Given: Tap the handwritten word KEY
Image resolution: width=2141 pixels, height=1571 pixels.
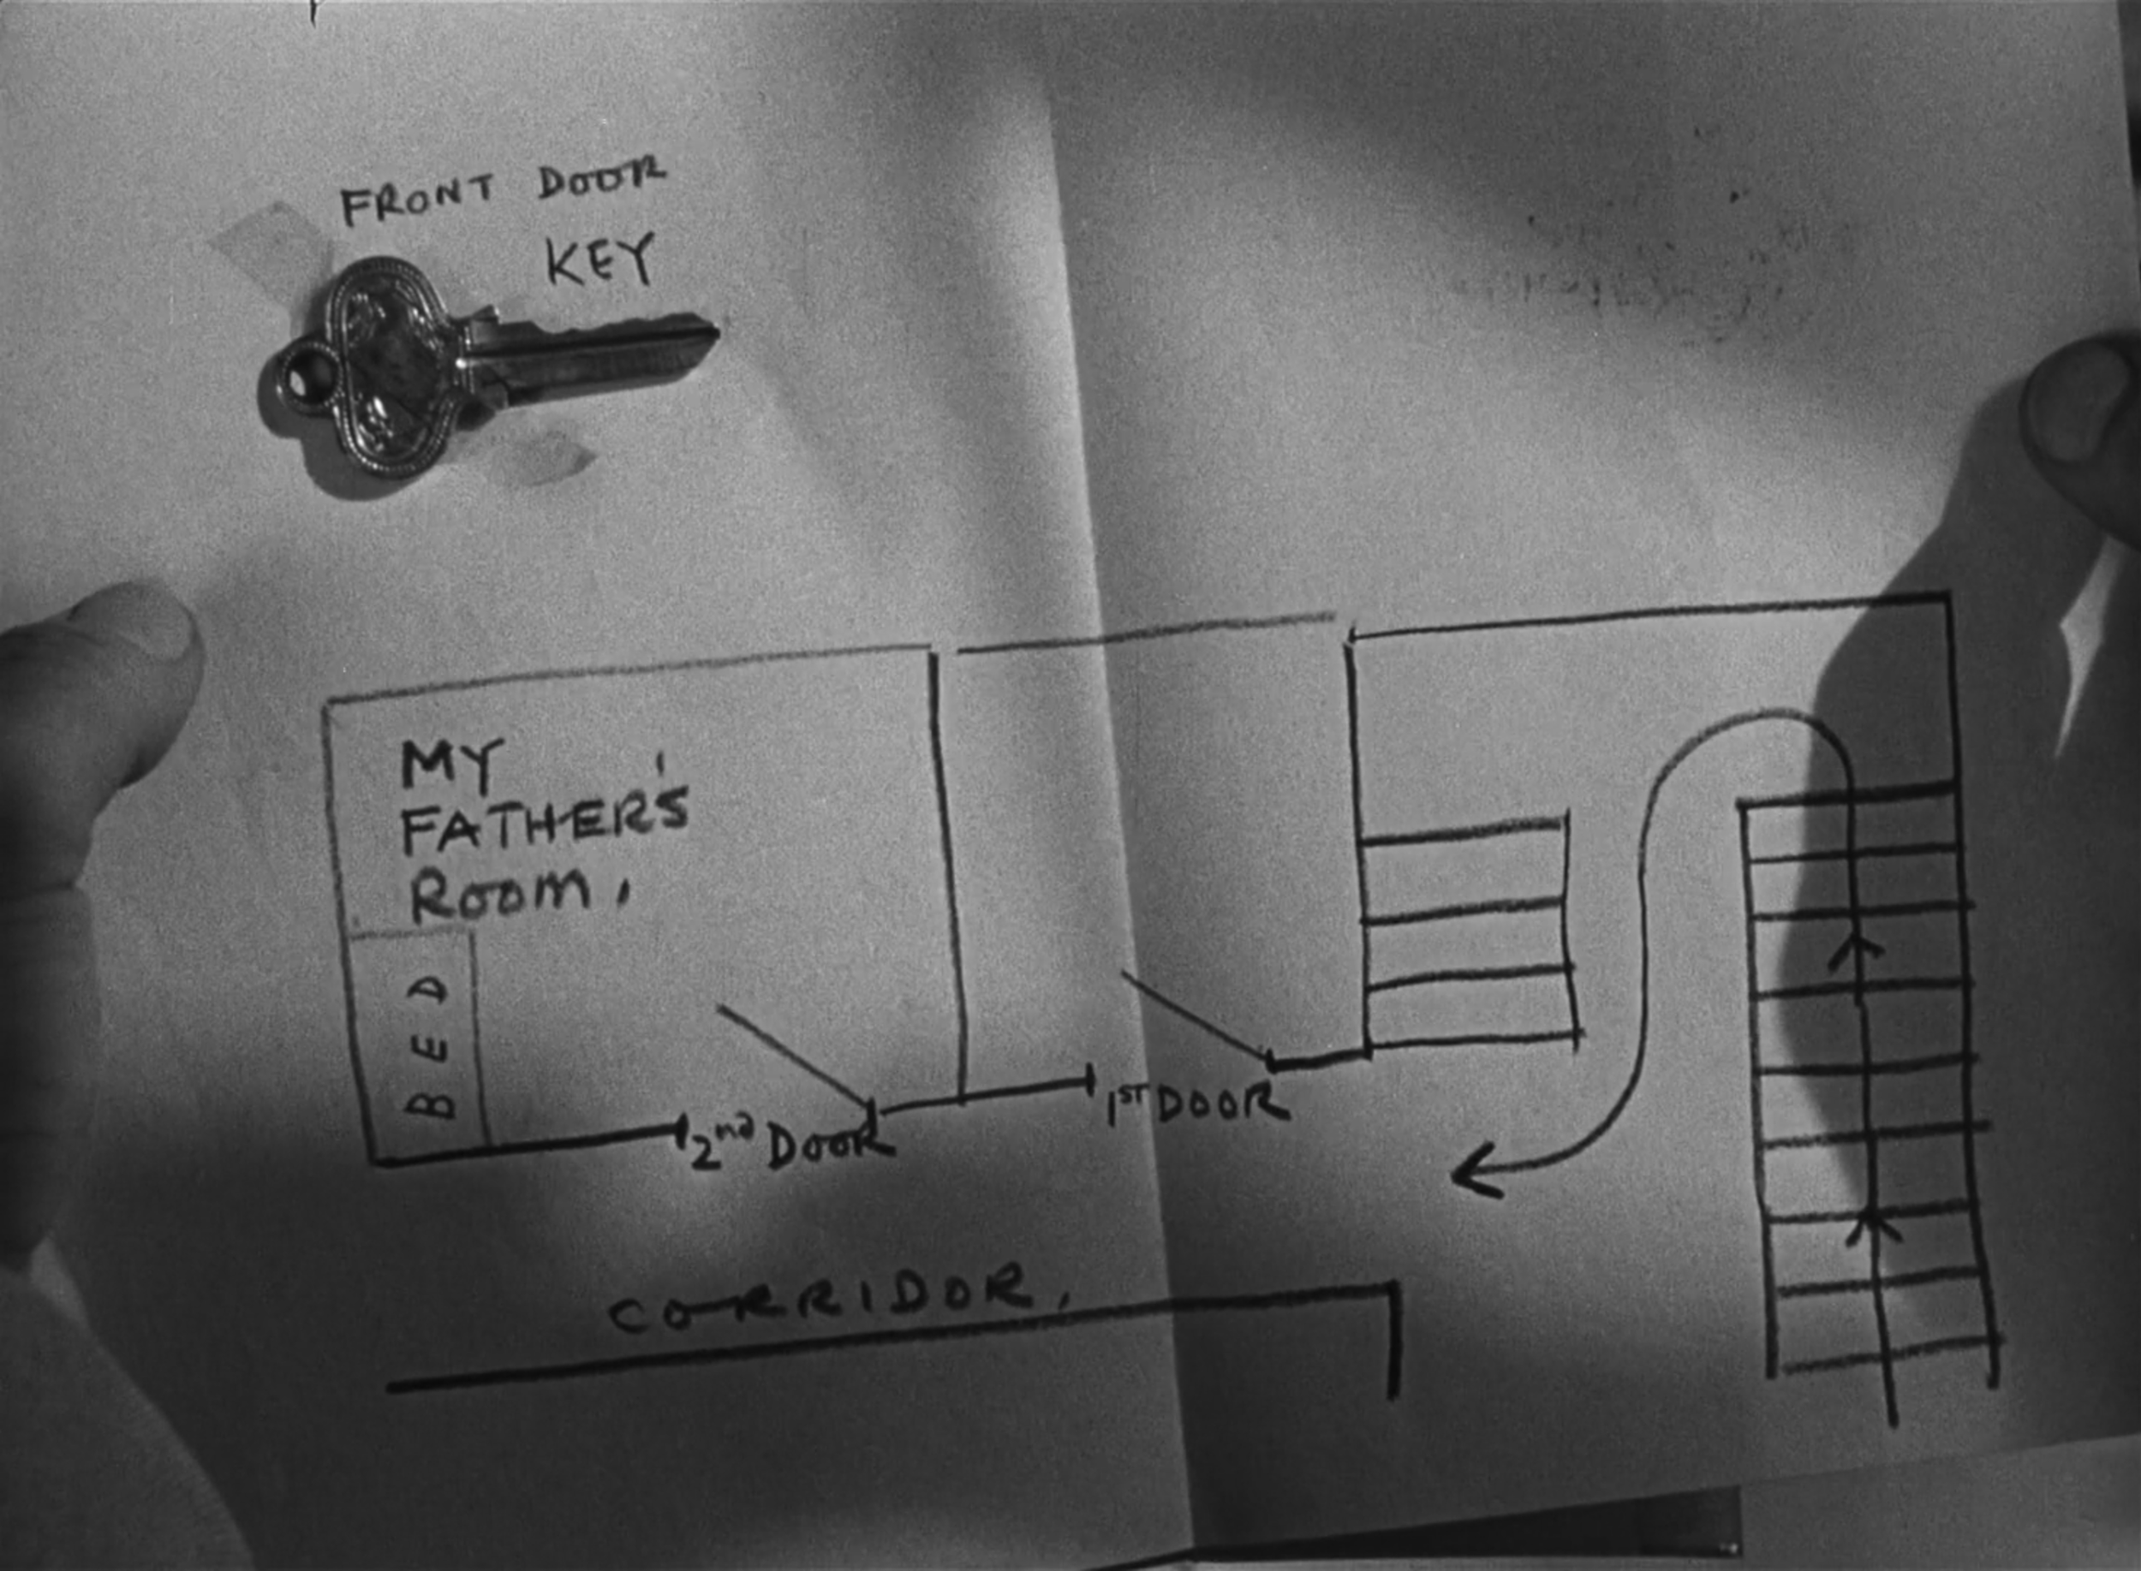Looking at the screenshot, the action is point(600,259).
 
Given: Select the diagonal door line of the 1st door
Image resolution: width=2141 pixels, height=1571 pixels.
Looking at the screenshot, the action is point(1194,1013).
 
